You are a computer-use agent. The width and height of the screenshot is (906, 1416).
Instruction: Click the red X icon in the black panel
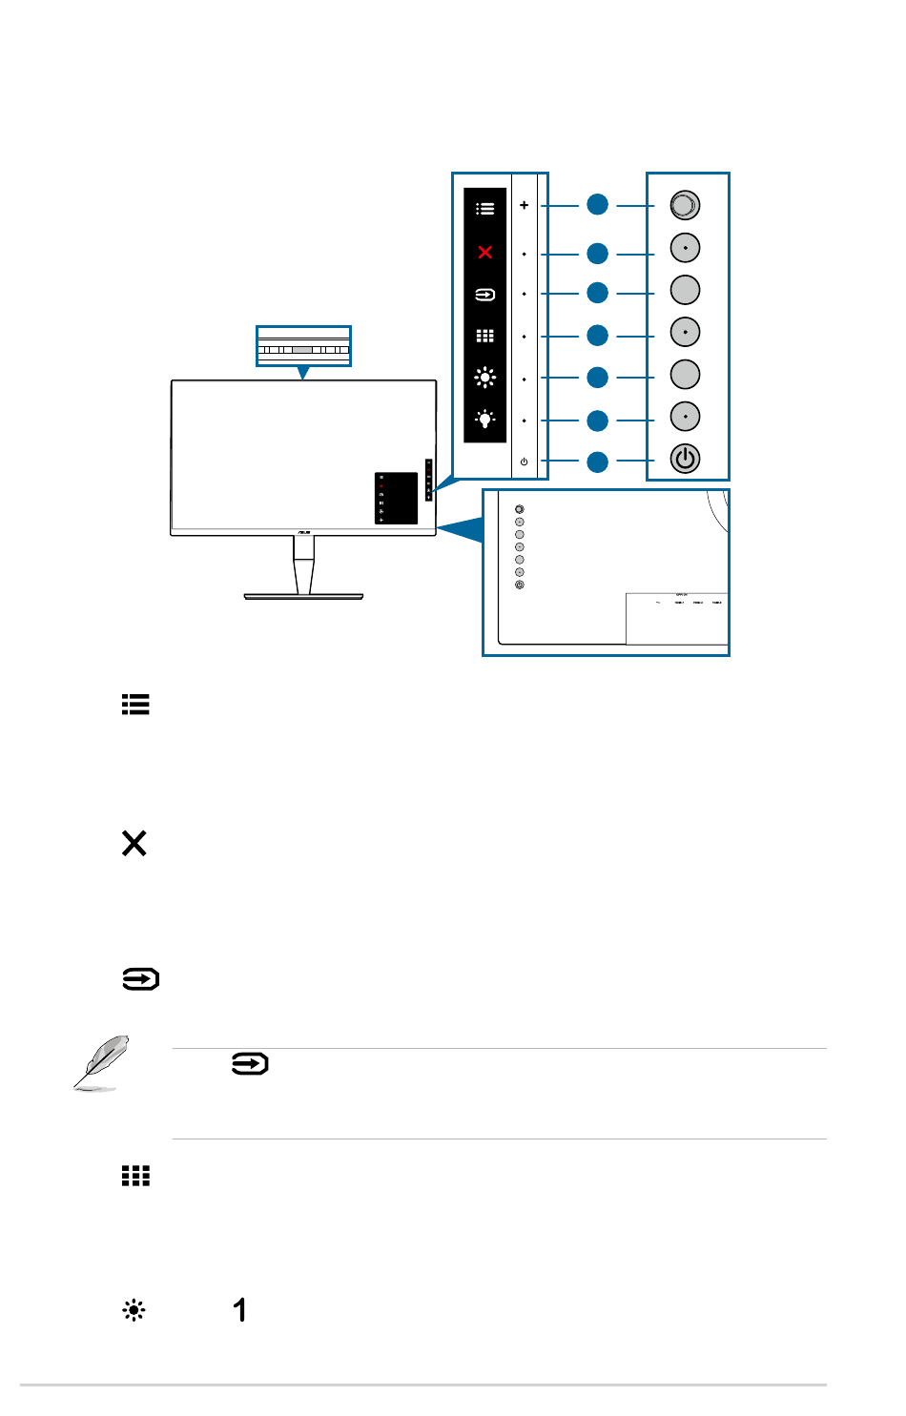(x=485, y=253)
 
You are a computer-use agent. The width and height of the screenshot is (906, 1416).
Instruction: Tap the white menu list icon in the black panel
(x=485, y=208)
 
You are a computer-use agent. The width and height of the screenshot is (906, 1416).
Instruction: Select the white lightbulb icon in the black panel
(x=485, y=419)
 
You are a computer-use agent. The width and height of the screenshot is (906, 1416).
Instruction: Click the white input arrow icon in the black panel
(x=485, y=295)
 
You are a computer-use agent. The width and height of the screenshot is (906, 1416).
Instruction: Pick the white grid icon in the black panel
(x=485, y=336)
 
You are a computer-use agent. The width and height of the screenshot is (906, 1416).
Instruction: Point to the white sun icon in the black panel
(x=485, y=378)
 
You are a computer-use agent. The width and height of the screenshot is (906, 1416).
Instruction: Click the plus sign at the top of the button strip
(x=524, y=205)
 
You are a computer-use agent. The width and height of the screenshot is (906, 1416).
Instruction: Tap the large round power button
(x=685, y=459)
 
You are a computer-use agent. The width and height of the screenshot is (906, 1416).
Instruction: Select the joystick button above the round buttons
(x=685, y=204)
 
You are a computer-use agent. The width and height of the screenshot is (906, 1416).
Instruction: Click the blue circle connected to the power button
(x=597, y=462)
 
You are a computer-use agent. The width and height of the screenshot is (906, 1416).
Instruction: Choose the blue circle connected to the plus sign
(x=597, y=204)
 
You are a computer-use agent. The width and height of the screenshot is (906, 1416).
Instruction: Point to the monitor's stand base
(x=303, y=596)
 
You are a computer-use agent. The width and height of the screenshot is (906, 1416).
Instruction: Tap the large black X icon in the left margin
(x=134, y=843)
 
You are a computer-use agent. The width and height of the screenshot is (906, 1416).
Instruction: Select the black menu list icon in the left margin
(x=135, y=705)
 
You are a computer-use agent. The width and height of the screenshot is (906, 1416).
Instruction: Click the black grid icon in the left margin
(x=135, y=1176)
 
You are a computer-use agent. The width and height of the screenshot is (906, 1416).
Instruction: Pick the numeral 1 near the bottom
(x=240, y=1309)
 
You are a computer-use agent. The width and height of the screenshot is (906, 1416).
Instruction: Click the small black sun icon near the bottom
(x=134, y=1310)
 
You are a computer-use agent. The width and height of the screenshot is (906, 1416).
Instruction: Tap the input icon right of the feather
(x=250, y=1064)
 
